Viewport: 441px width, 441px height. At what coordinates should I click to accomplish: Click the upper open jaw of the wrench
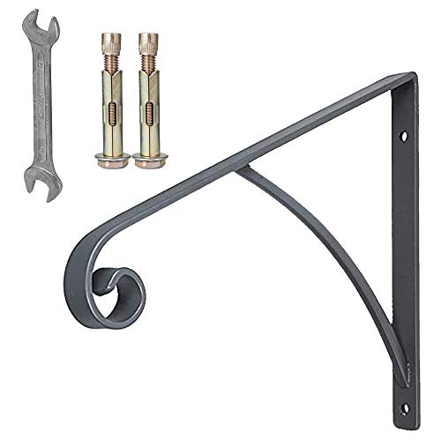(x=27, y=22)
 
